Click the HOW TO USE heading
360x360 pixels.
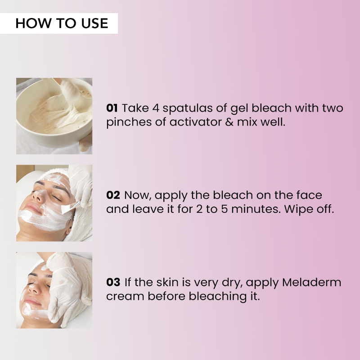(62, 23)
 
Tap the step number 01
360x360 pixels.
(112, 108)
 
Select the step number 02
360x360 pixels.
(113, 195)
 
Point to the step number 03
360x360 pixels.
(113, 283)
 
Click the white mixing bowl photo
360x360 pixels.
(54, 116)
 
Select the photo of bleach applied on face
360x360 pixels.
(54, 203)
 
